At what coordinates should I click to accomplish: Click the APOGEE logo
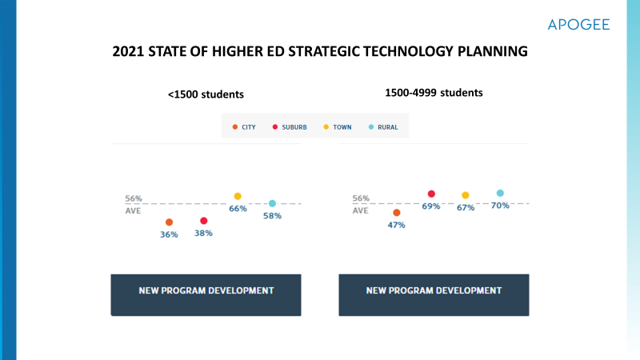coord(578,25)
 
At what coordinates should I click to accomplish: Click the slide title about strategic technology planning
coord(320,52)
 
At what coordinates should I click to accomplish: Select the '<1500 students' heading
coord(206,94)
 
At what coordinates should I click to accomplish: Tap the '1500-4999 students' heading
coord(434,92)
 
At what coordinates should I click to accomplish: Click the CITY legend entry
coord(244,126)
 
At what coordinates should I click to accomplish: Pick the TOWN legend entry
coord(337,126)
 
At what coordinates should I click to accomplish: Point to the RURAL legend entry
coord(382,126)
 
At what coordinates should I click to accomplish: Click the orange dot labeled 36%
coord(169,222)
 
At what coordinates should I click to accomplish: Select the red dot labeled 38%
coord(203,221)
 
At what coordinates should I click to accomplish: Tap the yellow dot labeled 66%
coord(238,196)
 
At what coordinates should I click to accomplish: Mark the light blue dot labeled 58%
coord(272,203)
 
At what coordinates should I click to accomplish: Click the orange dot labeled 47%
coord(397,213)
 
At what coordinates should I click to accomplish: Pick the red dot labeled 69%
coord(431,194)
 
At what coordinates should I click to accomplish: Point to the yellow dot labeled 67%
coord(466,195)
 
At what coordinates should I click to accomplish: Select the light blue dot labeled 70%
coord(500,193)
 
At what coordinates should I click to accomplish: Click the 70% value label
coord(500,206)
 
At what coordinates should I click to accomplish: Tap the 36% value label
coord(169,234)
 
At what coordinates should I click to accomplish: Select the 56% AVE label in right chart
coord(361,204)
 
